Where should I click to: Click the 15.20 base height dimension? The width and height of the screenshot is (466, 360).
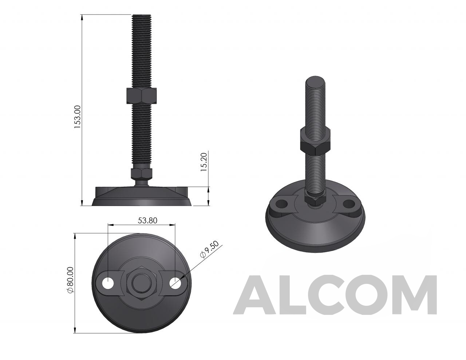tap(204, 162)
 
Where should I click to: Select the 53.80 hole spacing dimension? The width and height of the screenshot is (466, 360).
tap(147, 221)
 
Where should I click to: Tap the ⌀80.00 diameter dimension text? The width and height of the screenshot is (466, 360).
tap(70, 280)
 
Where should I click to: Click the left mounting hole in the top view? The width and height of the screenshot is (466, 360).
tap(108, 283)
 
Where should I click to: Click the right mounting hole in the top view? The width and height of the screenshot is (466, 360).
tap(175, 283)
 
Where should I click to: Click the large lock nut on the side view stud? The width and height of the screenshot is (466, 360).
tap(142, 96)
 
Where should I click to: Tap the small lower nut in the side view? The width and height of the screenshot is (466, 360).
tap(142, 174)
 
